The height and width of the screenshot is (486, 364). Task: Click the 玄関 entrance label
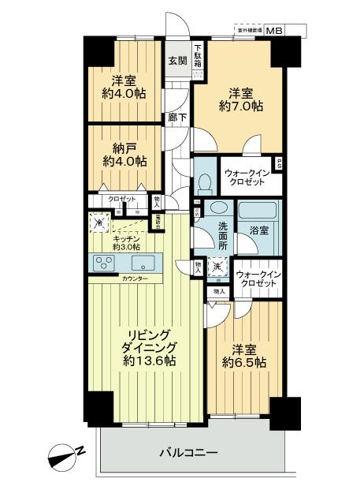point(177,60)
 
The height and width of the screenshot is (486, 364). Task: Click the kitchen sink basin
point(143,263)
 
